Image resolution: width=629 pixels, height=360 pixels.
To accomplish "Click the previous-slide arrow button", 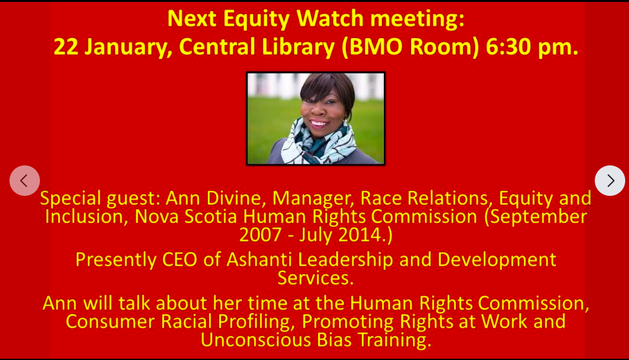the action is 25,181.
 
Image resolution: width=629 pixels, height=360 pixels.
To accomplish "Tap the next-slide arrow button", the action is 610,181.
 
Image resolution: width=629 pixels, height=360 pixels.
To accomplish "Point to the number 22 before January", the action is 65,46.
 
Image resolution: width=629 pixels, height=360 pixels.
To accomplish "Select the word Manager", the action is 313,198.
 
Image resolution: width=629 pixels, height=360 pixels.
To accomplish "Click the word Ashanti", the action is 259,260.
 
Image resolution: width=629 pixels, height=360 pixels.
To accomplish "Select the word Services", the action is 315,278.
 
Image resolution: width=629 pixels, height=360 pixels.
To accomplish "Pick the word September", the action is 538,217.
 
